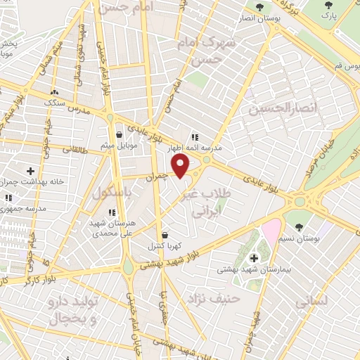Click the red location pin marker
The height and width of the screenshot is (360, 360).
tap(181, 167)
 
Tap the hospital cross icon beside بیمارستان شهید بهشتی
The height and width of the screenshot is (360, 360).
tap(254, 258)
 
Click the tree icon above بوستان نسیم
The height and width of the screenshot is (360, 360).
tap(300, 227)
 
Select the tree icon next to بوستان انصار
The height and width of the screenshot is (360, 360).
tap(260, 7)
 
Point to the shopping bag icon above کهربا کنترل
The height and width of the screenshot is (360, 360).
tap(165, 235)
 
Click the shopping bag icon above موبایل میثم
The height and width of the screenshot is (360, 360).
tap(119, 134)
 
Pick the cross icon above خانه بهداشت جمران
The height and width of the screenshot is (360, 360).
tap(30, 171)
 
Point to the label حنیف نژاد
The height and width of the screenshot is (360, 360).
tap(213, 299)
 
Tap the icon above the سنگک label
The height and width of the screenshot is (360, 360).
tap(55, 91)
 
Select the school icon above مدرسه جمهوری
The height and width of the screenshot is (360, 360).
tap(8, 200)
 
